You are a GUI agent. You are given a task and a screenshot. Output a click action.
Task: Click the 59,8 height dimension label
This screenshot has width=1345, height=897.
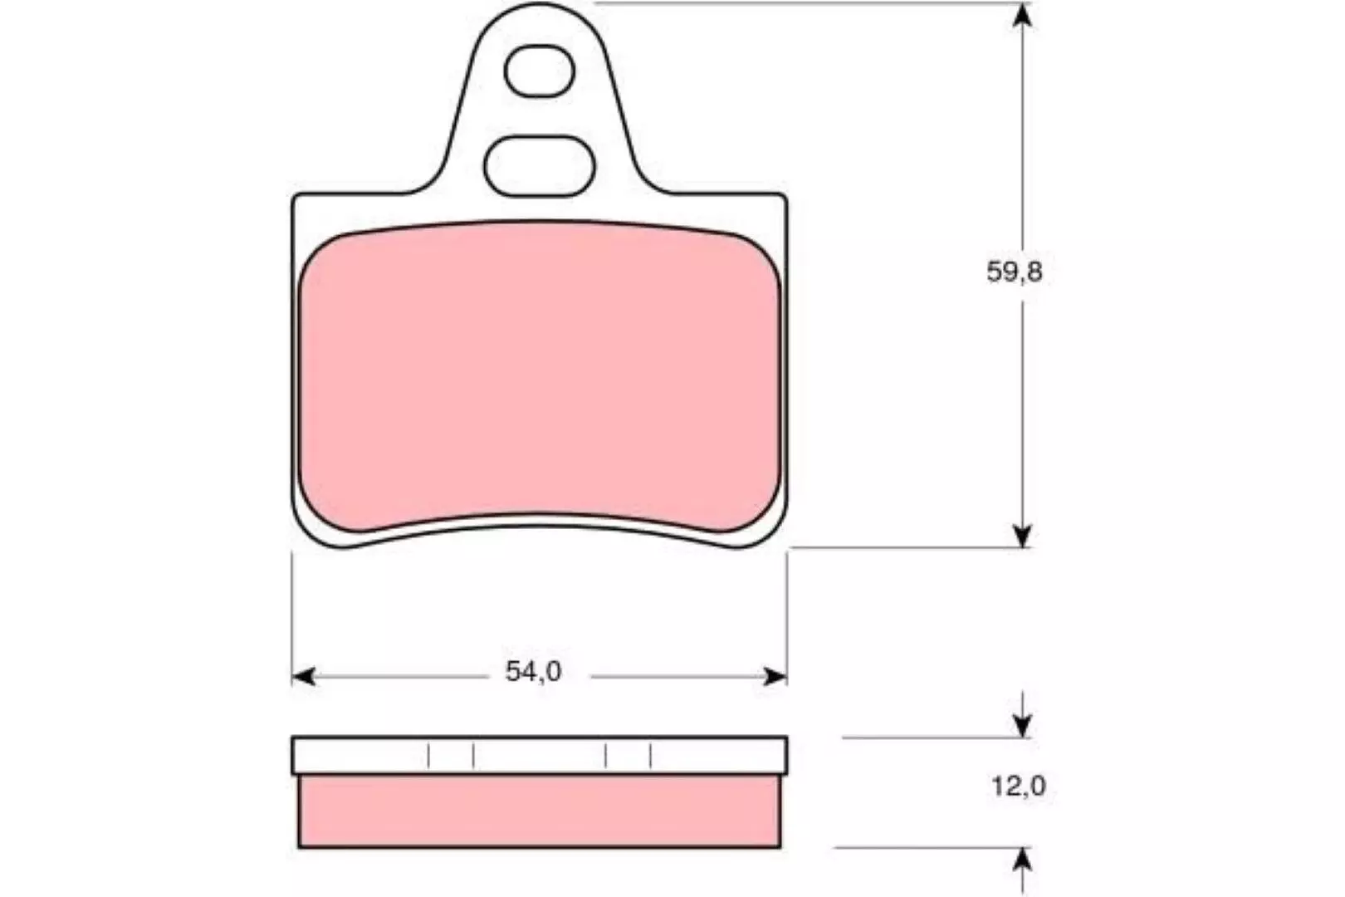click(x=1015, y=272)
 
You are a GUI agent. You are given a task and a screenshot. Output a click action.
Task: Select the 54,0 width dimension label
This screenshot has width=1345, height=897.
click(x=533, y=671)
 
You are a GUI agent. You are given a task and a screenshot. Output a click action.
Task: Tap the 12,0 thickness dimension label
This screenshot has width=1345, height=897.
click(x=1019, y=786)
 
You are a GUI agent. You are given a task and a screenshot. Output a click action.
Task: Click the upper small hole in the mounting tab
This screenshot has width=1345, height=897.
click(x=539, y=71)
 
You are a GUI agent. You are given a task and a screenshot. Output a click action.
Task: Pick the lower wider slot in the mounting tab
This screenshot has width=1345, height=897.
click(x=539, y=166)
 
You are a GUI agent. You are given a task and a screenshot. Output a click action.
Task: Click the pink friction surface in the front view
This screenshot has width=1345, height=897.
click(x=539, y=377)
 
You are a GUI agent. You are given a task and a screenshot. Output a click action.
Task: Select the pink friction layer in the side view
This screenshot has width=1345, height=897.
click(x=539, y=811)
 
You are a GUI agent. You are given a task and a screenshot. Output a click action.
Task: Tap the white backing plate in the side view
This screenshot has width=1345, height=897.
click(x=539, y=755)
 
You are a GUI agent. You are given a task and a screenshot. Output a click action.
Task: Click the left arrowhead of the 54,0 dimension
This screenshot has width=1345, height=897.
click(x=303, y=677)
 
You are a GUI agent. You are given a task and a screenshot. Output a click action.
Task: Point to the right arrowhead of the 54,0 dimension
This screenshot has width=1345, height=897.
click(x=775, y=677)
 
